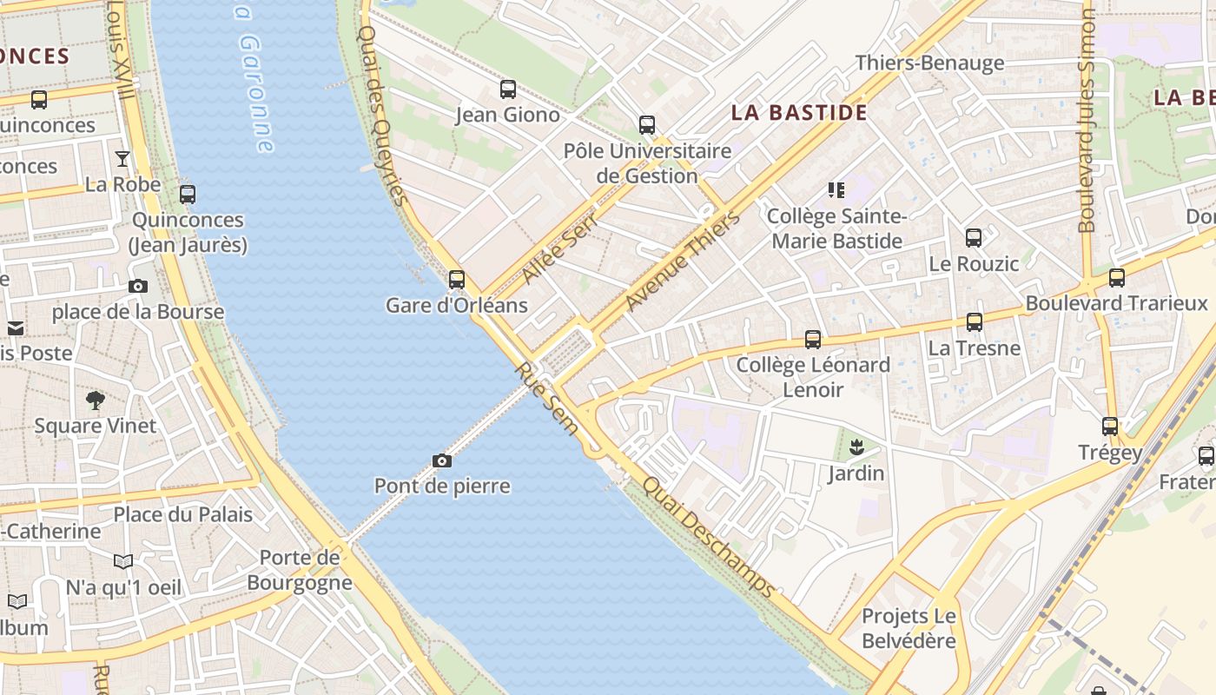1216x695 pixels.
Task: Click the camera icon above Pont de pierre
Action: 442,460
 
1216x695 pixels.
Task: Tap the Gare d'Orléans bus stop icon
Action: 457,280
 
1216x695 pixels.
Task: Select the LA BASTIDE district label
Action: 799,112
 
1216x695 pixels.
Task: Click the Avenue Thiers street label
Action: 683,261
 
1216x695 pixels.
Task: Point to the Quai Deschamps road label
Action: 708,537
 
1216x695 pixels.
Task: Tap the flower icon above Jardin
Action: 856,448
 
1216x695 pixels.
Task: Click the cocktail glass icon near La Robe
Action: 122,159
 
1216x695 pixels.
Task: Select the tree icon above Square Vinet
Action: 96,400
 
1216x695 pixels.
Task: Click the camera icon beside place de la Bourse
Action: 137,286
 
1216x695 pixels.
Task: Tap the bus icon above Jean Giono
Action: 508,89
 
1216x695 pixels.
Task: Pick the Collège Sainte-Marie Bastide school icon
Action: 836,189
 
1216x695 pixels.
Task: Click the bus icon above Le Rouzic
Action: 974,238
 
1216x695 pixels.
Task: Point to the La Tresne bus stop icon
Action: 975,322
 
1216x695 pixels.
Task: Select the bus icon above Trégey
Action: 1110,427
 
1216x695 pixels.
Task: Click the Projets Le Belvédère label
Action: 909,629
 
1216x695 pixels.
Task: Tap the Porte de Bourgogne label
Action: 300,570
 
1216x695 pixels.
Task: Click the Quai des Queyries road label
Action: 382,115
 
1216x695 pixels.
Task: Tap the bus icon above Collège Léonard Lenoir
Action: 813,340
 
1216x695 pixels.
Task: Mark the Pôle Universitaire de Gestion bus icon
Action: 647,125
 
